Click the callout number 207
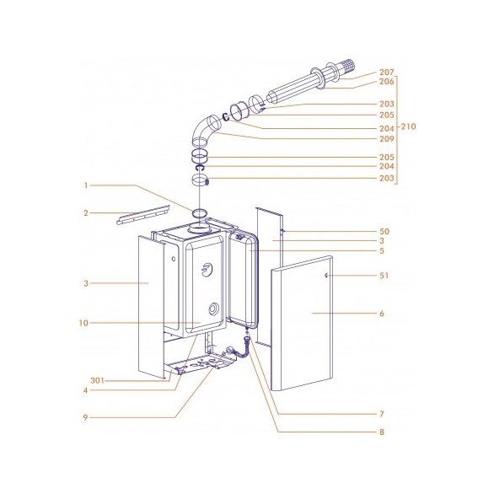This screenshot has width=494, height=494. click(387, 72)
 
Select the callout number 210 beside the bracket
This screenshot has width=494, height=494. click(408, 126)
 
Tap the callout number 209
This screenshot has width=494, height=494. click(387, 138)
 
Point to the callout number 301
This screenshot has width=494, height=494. click(97, 380)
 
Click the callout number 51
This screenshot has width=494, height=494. click(384, 276)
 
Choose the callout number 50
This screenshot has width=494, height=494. click(384, 232)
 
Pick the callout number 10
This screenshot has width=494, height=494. click(83, 323)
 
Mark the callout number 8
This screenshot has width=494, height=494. click(382, 432)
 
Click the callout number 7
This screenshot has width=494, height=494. click(382, 414)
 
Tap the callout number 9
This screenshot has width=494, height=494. click(85, 418)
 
